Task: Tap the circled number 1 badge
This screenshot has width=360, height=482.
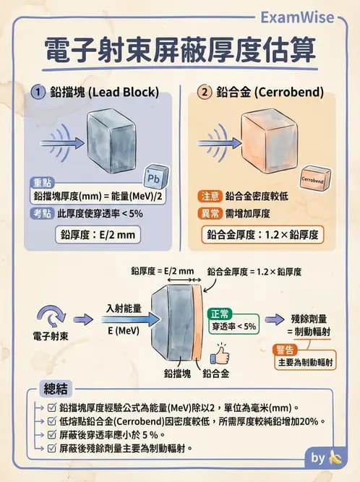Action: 39,92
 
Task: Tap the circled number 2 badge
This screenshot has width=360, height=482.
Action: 205,92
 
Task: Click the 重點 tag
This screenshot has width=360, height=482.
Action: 42,181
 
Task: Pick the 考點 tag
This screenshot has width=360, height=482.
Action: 41,213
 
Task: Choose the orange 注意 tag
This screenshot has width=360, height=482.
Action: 209,197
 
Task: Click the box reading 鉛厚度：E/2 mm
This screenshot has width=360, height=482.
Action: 98,235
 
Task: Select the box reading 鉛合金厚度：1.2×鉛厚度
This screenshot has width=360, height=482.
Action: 262,235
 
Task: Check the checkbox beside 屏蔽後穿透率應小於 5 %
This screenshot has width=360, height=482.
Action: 51,435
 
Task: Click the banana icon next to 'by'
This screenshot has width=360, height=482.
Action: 334,457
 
